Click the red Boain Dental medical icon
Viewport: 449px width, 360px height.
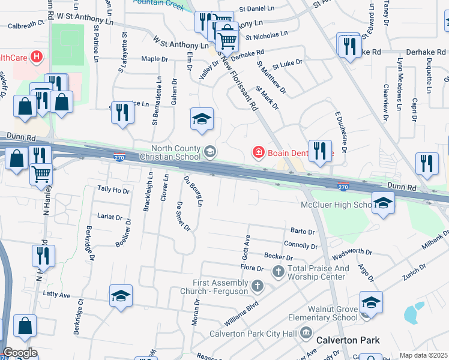pos(259,153)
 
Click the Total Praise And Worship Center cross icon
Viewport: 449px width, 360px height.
pos(279,272)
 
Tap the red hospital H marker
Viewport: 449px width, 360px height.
pos(37,58)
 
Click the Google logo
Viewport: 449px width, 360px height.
pos(20,353)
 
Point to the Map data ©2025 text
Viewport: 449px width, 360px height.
pos(423,355)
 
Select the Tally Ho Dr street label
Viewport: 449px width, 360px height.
pos(113,190)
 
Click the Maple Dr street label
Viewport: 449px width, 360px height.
pos(154,59)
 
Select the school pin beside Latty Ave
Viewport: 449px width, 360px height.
pos(121,296)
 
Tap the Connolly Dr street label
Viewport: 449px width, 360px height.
pos(300,245)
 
